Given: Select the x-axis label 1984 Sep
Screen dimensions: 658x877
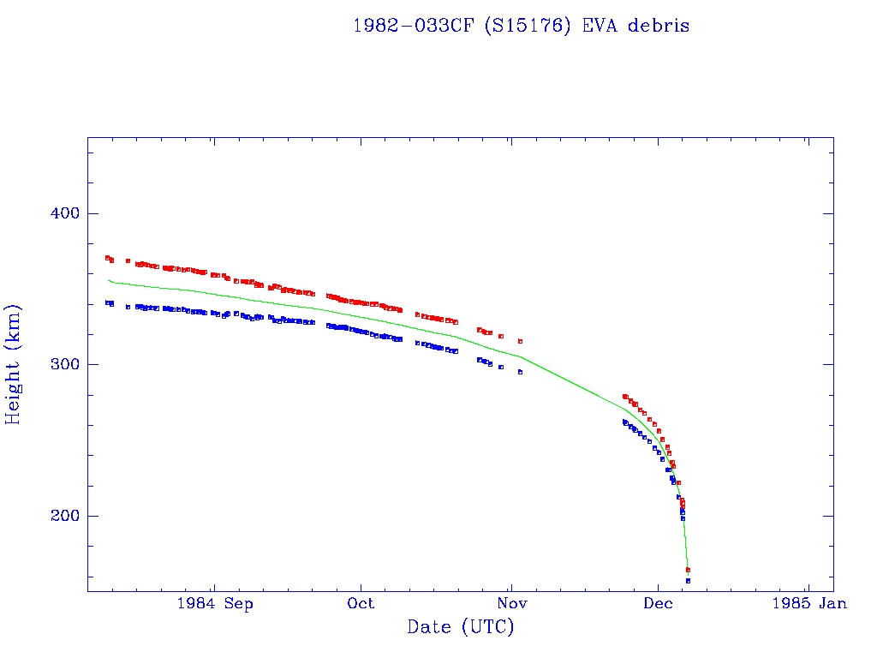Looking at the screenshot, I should pos(215,604).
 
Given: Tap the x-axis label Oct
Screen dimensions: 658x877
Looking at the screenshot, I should pos(361,604).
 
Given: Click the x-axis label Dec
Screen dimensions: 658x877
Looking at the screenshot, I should pos(658,604).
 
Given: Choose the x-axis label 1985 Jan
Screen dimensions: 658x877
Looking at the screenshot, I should pos(808,604).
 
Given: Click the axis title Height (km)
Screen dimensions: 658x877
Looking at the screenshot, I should pos(14,364).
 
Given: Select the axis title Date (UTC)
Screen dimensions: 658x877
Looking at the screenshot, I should pos(461,627).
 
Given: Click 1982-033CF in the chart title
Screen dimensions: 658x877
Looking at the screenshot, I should pos(413,26).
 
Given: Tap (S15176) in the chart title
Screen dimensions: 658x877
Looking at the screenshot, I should pos(528,26).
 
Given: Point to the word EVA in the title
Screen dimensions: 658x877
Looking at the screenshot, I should pos(600,26).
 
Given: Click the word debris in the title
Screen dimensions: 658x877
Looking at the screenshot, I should pos(659,26).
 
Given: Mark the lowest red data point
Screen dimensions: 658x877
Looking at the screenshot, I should pos(688,570).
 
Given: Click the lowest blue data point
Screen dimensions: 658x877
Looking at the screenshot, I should pos(688,581).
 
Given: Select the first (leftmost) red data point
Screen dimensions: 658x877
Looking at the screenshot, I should pos(107,257).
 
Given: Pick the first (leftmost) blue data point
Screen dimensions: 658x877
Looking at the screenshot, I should pos(107,302).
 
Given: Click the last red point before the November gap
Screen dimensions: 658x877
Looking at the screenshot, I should pos(520,341).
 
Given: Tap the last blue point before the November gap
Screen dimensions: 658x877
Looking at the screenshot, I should pos(520,372).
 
